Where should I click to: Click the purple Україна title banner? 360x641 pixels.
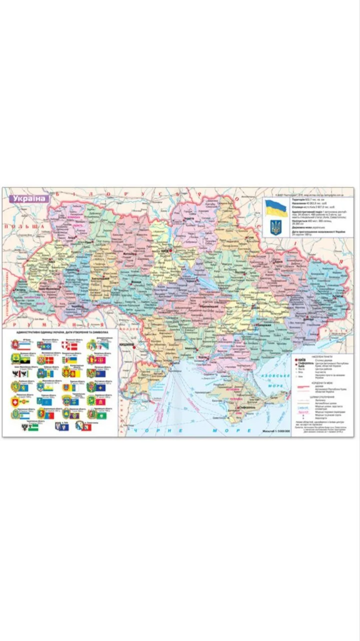click(x=29, y=198)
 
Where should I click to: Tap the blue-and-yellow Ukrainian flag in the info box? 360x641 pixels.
click(x=276, y=207)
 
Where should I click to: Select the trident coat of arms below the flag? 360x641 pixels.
click(x=276, y=227)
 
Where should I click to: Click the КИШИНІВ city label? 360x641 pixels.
click(x=126, y=345)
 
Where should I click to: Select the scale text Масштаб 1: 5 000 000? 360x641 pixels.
click(x=276, y=431)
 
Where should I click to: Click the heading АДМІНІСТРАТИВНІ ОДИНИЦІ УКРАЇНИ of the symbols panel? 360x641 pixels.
click(x=60, y=332)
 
